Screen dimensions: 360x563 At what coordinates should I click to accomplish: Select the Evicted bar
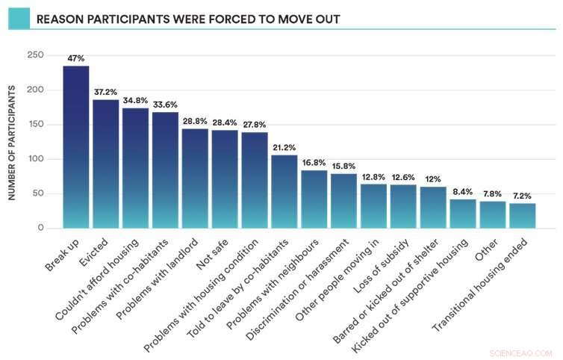105,164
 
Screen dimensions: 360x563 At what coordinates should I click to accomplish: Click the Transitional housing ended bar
523,216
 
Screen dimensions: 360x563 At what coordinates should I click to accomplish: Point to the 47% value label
76,58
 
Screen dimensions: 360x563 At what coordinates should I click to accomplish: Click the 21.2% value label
284,147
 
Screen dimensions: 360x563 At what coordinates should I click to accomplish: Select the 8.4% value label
463,191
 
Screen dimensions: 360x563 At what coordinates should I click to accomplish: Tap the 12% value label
433,179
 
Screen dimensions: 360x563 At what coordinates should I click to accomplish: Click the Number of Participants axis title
13,141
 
